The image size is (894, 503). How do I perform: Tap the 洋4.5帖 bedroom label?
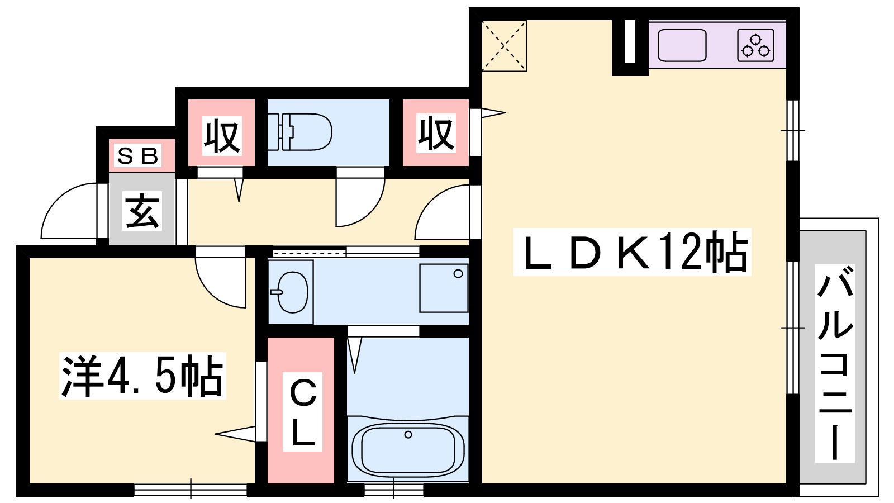point(142,376)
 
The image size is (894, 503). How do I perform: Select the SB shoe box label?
point(138,156)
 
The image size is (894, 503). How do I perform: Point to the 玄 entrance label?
point(142,211)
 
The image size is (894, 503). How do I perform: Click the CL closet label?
point(303,412)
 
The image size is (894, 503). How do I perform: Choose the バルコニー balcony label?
point(835,363)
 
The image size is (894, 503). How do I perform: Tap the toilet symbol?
point(299,132)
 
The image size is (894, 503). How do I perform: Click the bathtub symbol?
point(408,448)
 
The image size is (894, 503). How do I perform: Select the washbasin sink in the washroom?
point(291,292)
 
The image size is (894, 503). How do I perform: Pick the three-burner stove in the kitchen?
point(755,45)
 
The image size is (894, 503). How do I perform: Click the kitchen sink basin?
point(682,45)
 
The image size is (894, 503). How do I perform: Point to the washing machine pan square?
point(444,288)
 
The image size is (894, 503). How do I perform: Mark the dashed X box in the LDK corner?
point(505,46)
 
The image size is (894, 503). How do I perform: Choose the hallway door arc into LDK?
point(442,212)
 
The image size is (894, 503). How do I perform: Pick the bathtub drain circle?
point(408,434)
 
